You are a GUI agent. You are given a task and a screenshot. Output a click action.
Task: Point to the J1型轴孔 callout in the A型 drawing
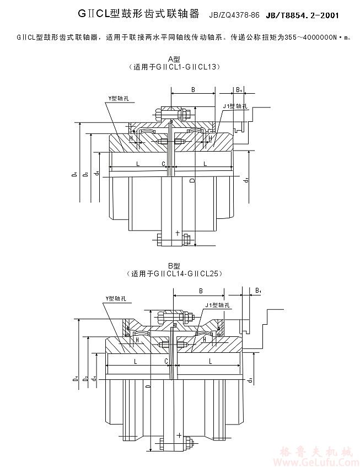click(233, 105)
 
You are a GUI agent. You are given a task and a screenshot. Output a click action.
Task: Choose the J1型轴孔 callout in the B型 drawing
click(217, 305)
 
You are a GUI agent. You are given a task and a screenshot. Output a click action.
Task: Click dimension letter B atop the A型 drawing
click(193, 89)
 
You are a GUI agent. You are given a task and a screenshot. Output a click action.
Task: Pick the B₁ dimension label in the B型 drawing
click(258, 290)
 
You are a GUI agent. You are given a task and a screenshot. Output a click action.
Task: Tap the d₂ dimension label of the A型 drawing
click(246, 179)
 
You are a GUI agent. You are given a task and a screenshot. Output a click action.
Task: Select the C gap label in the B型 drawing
click(166, 361)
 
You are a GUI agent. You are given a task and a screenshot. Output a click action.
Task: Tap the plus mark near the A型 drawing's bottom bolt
click(178, 233)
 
